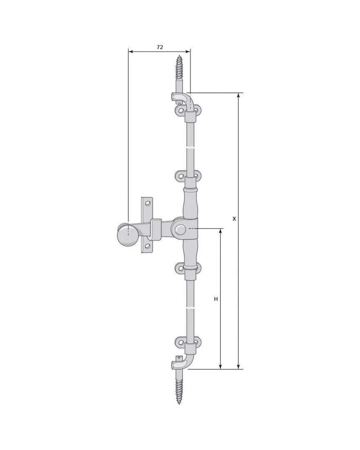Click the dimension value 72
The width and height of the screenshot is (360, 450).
160,47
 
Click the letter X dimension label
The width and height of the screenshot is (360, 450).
234,219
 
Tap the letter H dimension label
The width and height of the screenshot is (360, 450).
216,299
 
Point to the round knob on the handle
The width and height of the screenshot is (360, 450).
126,235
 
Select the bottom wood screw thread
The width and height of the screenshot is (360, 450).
180,391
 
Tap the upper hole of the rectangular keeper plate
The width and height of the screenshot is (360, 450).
148,203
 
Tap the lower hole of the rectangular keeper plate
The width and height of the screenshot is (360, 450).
148,246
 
